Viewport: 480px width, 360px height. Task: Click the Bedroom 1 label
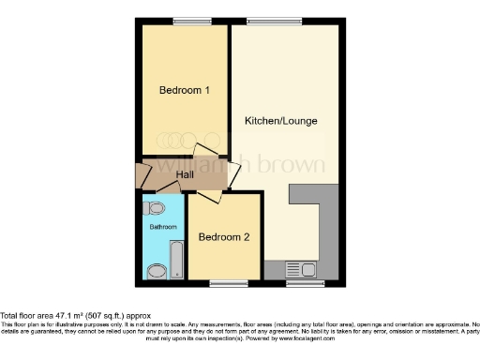point(184,90)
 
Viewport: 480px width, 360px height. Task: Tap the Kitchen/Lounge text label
point(280,122)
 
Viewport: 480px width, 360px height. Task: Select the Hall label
point(186,174)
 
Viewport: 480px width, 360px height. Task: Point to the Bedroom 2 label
point(224,237)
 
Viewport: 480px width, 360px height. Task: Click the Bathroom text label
point(163,227)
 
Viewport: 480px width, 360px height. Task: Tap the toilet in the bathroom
point(157,208)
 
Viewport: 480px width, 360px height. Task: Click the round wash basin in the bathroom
point(157,271)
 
